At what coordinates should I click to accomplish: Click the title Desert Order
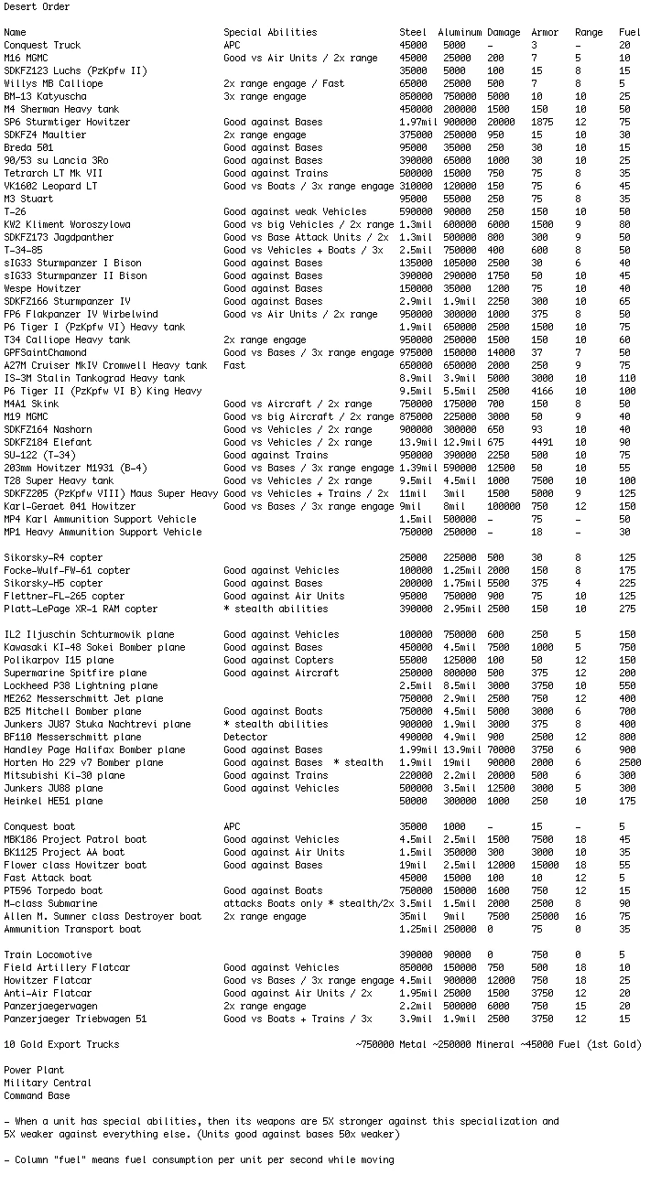pyautogui.click(x=37, y=7)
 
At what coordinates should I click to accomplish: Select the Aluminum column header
pyautogui.click(x=459, y=33)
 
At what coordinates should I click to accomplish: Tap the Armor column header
pyautogui.click(x=545, y=33)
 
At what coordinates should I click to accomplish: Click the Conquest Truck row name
pyautogui.click(x=42, y=45)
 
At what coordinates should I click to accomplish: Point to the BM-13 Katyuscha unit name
pyautogui.click(x=45, y=96)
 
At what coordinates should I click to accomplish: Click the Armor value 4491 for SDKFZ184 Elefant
pyautogui.click(x=542, y=442)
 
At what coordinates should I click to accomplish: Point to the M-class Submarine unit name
pyautogui.click(x=50, y=903)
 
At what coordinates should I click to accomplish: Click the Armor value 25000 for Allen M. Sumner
pyautogui.click(x=545, y=916)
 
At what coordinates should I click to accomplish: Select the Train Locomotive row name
pyautogui.click(x=48, y=954)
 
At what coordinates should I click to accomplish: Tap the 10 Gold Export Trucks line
pyautogui.click(x=61, y=1044)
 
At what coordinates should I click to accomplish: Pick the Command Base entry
pyautogui.click(x=37, y=1095)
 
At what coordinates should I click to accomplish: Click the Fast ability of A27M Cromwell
pyautogui.click(x=234, y=365)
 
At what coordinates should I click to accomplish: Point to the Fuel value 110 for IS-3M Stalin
pyautogui.click(x=626, y=378)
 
